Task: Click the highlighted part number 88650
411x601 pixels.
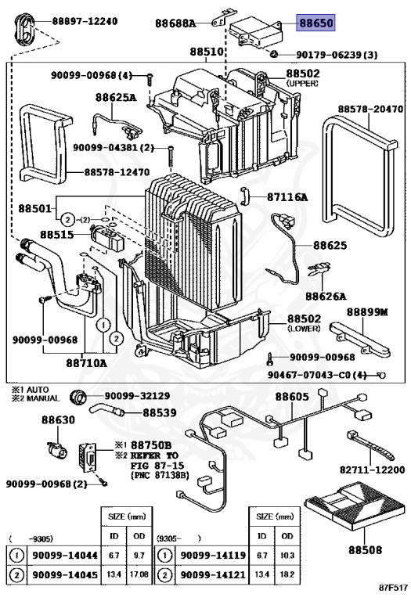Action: pyautogui.click(x=316, y=23)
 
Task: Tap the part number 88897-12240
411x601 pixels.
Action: pyautogui.click(x=85, y=21)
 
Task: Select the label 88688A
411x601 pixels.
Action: pyautogui.click(x=175, y=23)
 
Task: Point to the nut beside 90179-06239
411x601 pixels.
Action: pyautogui.click(x=273, y=54)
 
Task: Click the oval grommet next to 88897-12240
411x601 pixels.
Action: pyautogui.click(x=24, y=30)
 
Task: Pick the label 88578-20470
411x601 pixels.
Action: pyautogui.click(x=370, y=110)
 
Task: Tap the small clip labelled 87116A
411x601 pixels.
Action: pyautogui.click(x=244, y=196)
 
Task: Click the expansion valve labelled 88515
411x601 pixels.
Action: pyautogui.click(x=106, y=237)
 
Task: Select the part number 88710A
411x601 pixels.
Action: pyautogui.click(x=86, y=362)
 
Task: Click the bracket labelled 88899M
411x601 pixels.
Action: pyautogui.click(x=359, y=339)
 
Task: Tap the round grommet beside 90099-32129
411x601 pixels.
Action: pyautogui.click(x=78, y=397)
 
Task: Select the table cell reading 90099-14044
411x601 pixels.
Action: pyautogui.click(x=65, y=555)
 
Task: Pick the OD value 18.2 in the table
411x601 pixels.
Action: pyautogui.click(x=287, y=574)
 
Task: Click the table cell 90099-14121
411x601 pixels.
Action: pyautogui.click(x=213, y=575)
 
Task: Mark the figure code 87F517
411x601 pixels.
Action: pyautogui.click(x=393, y=587)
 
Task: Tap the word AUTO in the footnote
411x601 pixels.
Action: pyautogui.click(x=38, y=390)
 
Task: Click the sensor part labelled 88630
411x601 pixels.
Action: pyautogui.click(x=56, y=450)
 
